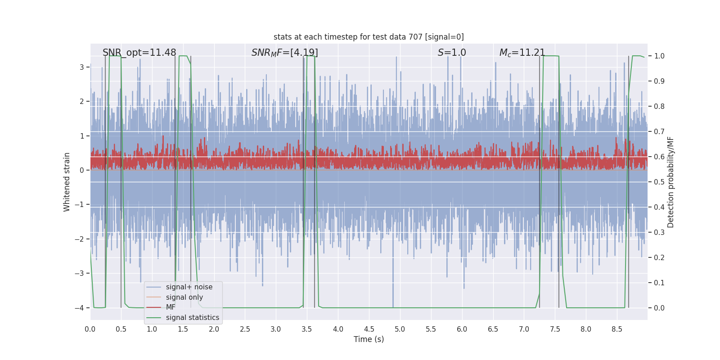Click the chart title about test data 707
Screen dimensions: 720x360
[369, 37]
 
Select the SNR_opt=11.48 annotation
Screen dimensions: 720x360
[139, 52]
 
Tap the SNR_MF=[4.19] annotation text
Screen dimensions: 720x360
[284, 52]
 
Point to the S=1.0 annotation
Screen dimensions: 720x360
[452, 52]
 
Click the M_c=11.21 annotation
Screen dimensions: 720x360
[522, 52]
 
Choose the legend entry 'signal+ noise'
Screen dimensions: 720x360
[189, 287]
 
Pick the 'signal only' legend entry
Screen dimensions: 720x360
[184, 297]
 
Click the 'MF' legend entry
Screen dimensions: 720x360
[171, 307]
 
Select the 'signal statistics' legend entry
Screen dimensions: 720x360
[193, 318]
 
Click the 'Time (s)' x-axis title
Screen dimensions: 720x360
[369, 339]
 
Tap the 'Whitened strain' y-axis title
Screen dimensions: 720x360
[67, 182]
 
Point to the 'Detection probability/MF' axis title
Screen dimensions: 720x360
[670, 182]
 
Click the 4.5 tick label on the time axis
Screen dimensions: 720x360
[369, 329]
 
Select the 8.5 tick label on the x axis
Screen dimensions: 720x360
[617, 329]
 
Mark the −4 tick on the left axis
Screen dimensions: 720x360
[79, 308]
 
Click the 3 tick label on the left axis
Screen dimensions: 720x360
[81, 67]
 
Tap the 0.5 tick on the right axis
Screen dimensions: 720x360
[659, 182]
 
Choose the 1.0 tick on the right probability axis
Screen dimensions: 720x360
[659, 56]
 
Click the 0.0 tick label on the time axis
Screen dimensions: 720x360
[90, 329]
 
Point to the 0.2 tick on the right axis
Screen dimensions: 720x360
[659, 257]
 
